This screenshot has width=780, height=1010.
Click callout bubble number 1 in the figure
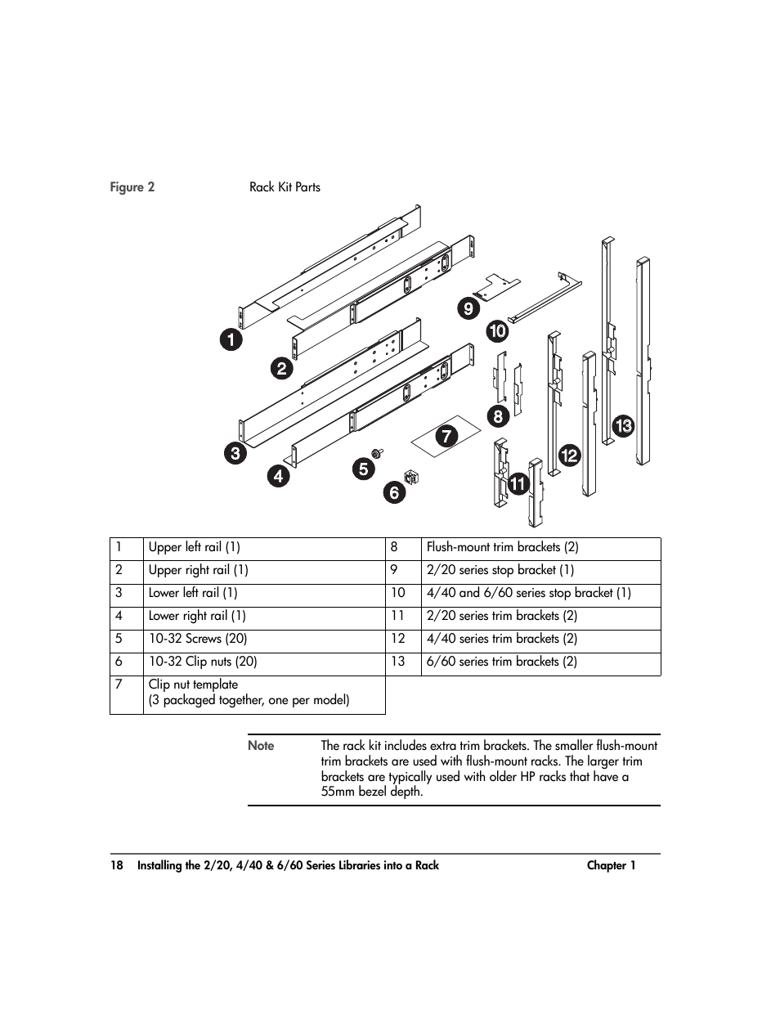click(x=231, y=339)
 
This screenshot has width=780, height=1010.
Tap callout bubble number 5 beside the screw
click(x=363, y=469)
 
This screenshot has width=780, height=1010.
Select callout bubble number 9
click(x=468, y=308)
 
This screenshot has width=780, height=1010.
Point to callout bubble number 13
click(x=623, y=425)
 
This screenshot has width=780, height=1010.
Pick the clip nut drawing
click(x=412, y=474)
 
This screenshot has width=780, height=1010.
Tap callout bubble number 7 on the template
click(x=446, y=436)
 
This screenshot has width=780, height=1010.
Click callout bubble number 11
click(x=518, y=484)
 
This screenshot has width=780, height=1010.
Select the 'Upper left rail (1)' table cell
click(x=194, y=548)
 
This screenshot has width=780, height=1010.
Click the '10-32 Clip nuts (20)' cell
click(x=202, y=662)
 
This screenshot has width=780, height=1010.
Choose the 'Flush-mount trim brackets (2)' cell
click(x=502, y=548)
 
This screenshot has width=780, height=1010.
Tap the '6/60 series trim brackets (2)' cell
click(x=501, y=662)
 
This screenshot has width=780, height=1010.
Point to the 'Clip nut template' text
click(x=193, y=685)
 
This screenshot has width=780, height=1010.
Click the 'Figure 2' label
click(x=132, y=187)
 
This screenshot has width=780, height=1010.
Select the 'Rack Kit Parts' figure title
click(x=285, y=187)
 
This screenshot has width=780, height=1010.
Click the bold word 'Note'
click(x=261, y=746)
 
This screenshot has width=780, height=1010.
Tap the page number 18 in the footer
click(x=117, y=865)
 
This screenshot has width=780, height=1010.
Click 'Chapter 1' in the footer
click(x=611, y=865)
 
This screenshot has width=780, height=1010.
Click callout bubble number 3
click(x=235, y=454)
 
